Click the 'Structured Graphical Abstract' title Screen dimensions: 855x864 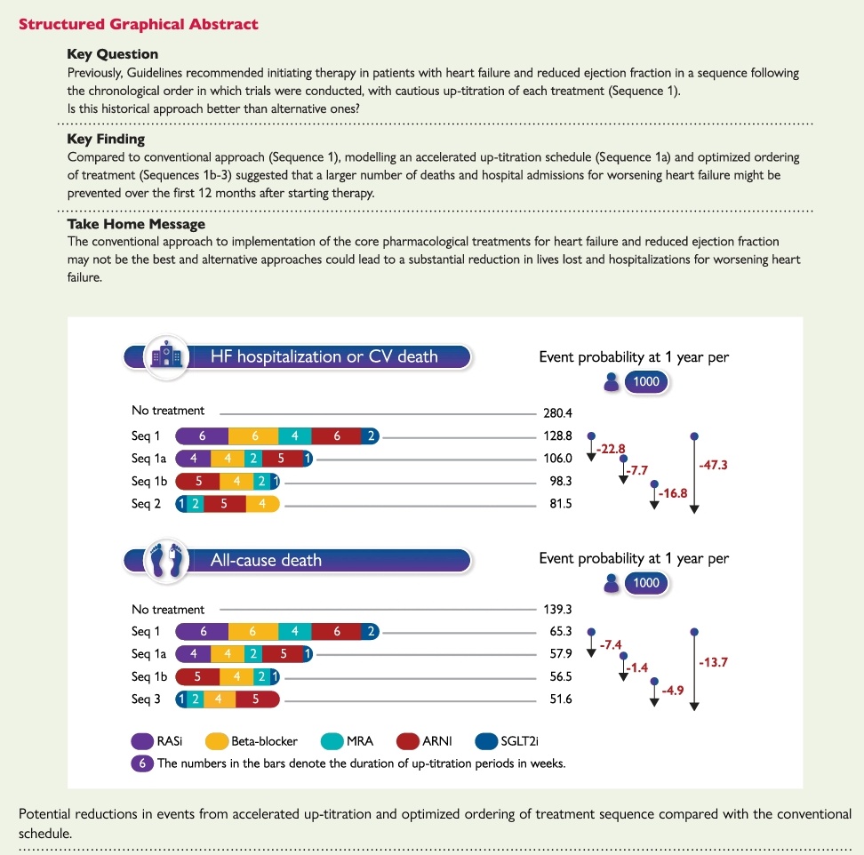[138, 24]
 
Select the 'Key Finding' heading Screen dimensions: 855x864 [106, 139]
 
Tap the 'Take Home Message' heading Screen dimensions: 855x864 [136, 224]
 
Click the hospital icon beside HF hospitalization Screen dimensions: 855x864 [167, 356]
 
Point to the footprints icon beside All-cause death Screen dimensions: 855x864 [167, 560]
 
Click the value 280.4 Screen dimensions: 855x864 [558, 412]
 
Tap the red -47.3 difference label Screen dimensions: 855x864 [716, 464]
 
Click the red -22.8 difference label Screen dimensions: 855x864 [612, 447]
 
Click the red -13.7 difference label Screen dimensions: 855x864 [716, 661]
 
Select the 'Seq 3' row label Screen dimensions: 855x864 [146, 699]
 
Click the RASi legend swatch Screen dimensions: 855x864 [143, 740]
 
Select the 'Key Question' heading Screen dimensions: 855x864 [112, 54]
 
